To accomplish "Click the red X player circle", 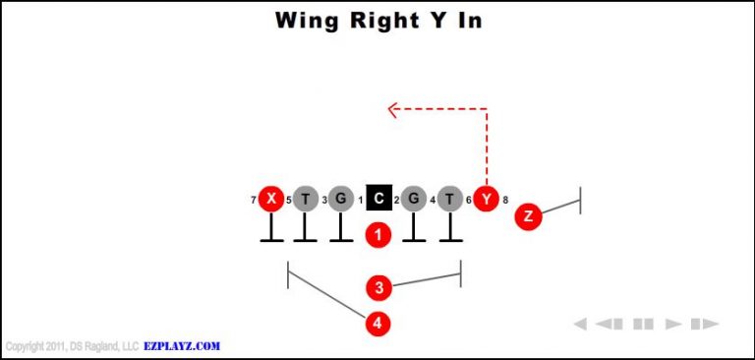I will coord(270,200).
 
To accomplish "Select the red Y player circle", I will coord(486,200).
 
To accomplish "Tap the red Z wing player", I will coord(529,216).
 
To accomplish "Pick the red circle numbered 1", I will coord(378,235).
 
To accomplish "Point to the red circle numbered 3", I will coord(378,288).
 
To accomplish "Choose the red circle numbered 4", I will coord(378,323).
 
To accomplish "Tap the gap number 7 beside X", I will coord(254,201).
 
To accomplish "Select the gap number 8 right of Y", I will coord(505,201).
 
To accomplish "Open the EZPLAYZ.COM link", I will coord(182,346).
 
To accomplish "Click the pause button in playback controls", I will coord(644,324).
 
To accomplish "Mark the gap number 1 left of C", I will coord(361,201).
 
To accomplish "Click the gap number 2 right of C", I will coord(396,201).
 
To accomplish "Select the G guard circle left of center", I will coord(340,200).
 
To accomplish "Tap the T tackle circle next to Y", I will coord(449,200).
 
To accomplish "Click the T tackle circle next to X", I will coord(306,200).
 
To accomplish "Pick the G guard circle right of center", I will coord(414,200).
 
